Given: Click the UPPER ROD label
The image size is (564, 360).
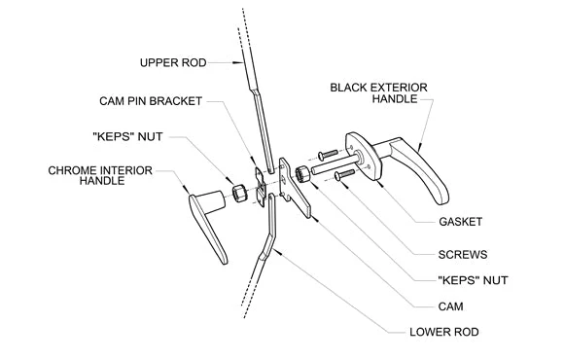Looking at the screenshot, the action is pyautogui.click(x=173, y=62).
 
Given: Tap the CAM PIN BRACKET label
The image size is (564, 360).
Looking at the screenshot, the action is pyautogui.click(x=151, y=101).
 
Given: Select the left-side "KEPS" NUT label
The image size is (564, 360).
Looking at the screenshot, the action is pyautogui.click(x=127, y=136).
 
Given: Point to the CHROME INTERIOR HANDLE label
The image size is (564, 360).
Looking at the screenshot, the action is pyautogui.click(x=100, y=175).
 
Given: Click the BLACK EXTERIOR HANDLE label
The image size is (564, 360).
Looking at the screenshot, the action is pyautogui.click(x=379, y=92).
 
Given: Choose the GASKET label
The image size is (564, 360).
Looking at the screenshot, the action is pyautogui.click(x=460, y=222).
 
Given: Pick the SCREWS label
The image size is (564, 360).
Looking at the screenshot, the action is pyautogui.click(x=463, y=255).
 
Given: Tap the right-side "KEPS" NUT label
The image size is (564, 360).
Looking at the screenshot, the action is pyautogui.click(x=473, y=280).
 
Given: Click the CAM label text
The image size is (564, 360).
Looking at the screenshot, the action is pyautogui.click(x=450, y=306).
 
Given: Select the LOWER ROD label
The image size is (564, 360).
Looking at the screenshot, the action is pyautogui.click(x=443, y=332).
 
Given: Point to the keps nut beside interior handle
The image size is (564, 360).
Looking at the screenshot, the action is pyautogui.click(x=239, y=194).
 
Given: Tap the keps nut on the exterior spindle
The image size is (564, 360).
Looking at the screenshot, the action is pyautogui.click(x=302, y=174).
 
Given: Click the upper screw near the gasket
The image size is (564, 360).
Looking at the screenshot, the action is pyautogui.click(x=328, y=155).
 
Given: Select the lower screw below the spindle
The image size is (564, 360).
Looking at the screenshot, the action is pyautogui.click(x=344, y=174).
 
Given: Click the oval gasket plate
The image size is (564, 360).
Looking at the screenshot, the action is pyautogui.click(x=364, y=156).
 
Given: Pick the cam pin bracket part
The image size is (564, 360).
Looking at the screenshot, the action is pyautogui.click(x=261, y=187).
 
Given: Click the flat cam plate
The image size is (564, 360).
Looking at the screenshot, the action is pyautogui.click(x=295, y=188).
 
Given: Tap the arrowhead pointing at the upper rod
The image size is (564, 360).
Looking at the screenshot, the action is pyautogui.click(x=237, y=62).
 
